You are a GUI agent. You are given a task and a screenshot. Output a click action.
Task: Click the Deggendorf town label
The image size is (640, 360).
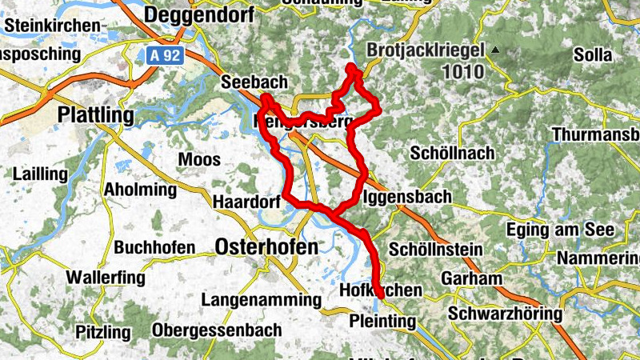198,15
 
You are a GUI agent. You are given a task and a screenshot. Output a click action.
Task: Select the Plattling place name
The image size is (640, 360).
96,115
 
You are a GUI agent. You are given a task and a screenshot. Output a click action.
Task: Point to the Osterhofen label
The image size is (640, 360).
266,247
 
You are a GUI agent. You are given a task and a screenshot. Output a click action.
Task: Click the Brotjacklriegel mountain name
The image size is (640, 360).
426,50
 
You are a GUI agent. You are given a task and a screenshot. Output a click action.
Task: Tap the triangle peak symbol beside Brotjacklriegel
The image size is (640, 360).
495,50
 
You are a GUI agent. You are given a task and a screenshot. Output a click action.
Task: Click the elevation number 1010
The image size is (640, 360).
462,71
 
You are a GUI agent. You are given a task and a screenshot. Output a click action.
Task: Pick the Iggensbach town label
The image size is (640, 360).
407,196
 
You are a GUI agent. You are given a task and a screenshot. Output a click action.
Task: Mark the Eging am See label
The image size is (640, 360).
560,230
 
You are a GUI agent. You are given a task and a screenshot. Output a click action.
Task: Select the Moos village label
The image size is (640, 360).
199,160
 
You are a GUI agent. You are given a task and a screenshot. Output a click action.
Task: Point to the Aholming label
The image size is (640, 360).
140,190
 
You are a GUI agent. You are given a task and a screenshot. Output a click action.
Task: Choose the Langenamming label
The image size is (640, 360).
260,300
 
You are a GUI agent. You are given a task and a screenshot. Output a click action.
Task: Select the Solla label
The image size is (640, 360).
593,55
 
